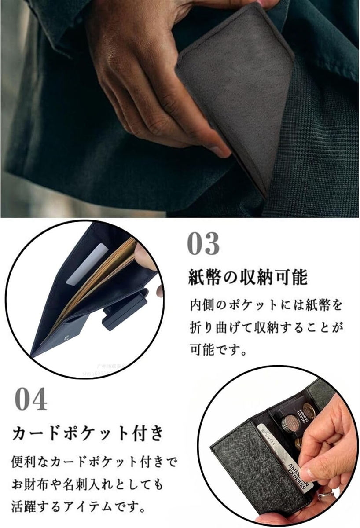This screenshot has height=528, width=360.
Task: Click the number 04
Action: pyautogui.click(x=31, y=400)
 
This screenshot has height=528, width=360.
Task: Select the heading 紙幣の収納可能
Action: pyautogui.click(x=247, y=278)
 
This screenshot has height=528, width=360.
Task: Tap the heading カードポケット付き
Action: pyautogui.click(x=88, y=433)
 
